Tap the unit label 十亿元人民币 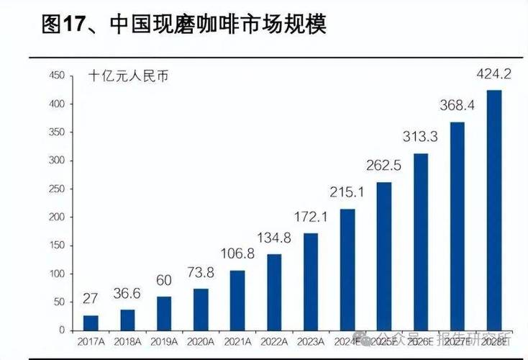[129, 76]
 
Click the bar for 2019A [164, 313]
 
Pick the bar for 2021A [237, 300]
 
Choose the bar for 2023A [311, 282]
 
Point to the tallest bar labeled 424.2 [494, 210]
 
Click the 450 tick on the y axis [57, 76]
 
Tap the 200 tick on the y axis [57, 217]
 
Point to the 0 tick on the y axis [63, 330]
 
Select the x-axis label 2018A [127, 341]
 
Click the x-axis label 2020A [201, 341]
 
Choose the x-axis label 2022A [274, 341]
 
